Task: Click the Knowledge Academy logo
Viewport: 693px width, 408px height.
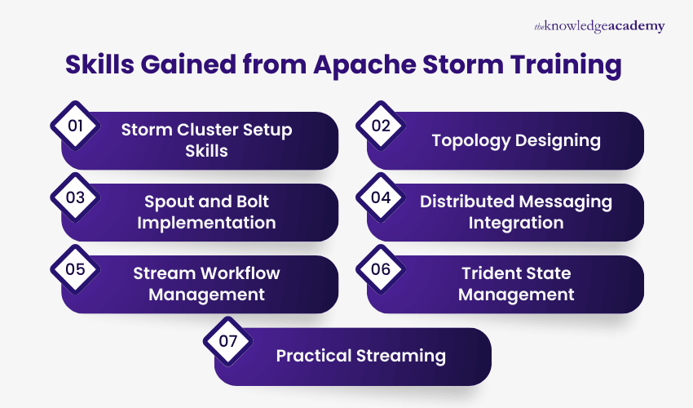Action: click(598, 27)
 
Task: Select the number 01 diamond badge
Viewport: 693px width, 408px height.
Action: click(75, 126)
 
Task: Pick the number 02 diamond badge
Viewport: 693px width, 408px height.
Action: click(381, 126)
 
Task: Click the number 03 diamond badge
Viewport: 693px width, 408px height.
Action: click(75, 198)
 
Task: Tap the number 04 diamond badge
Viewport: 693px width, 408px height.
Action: click(381, 198)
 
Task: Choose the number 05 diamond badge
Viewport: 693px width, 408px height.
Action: click(75, 270)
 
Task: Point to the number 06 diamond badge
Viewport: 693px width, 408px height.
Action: click(381, 270)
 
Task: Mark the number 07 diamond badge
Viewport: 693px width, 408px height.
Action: click(228, 342)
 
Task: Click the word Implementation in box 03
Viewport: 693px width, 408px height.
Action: click(206, 223)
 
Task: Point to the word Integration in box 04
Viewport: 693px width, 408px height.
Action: click(515, 223)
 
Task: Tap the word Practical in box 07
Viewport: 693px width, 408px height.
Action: click(314, 356)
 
